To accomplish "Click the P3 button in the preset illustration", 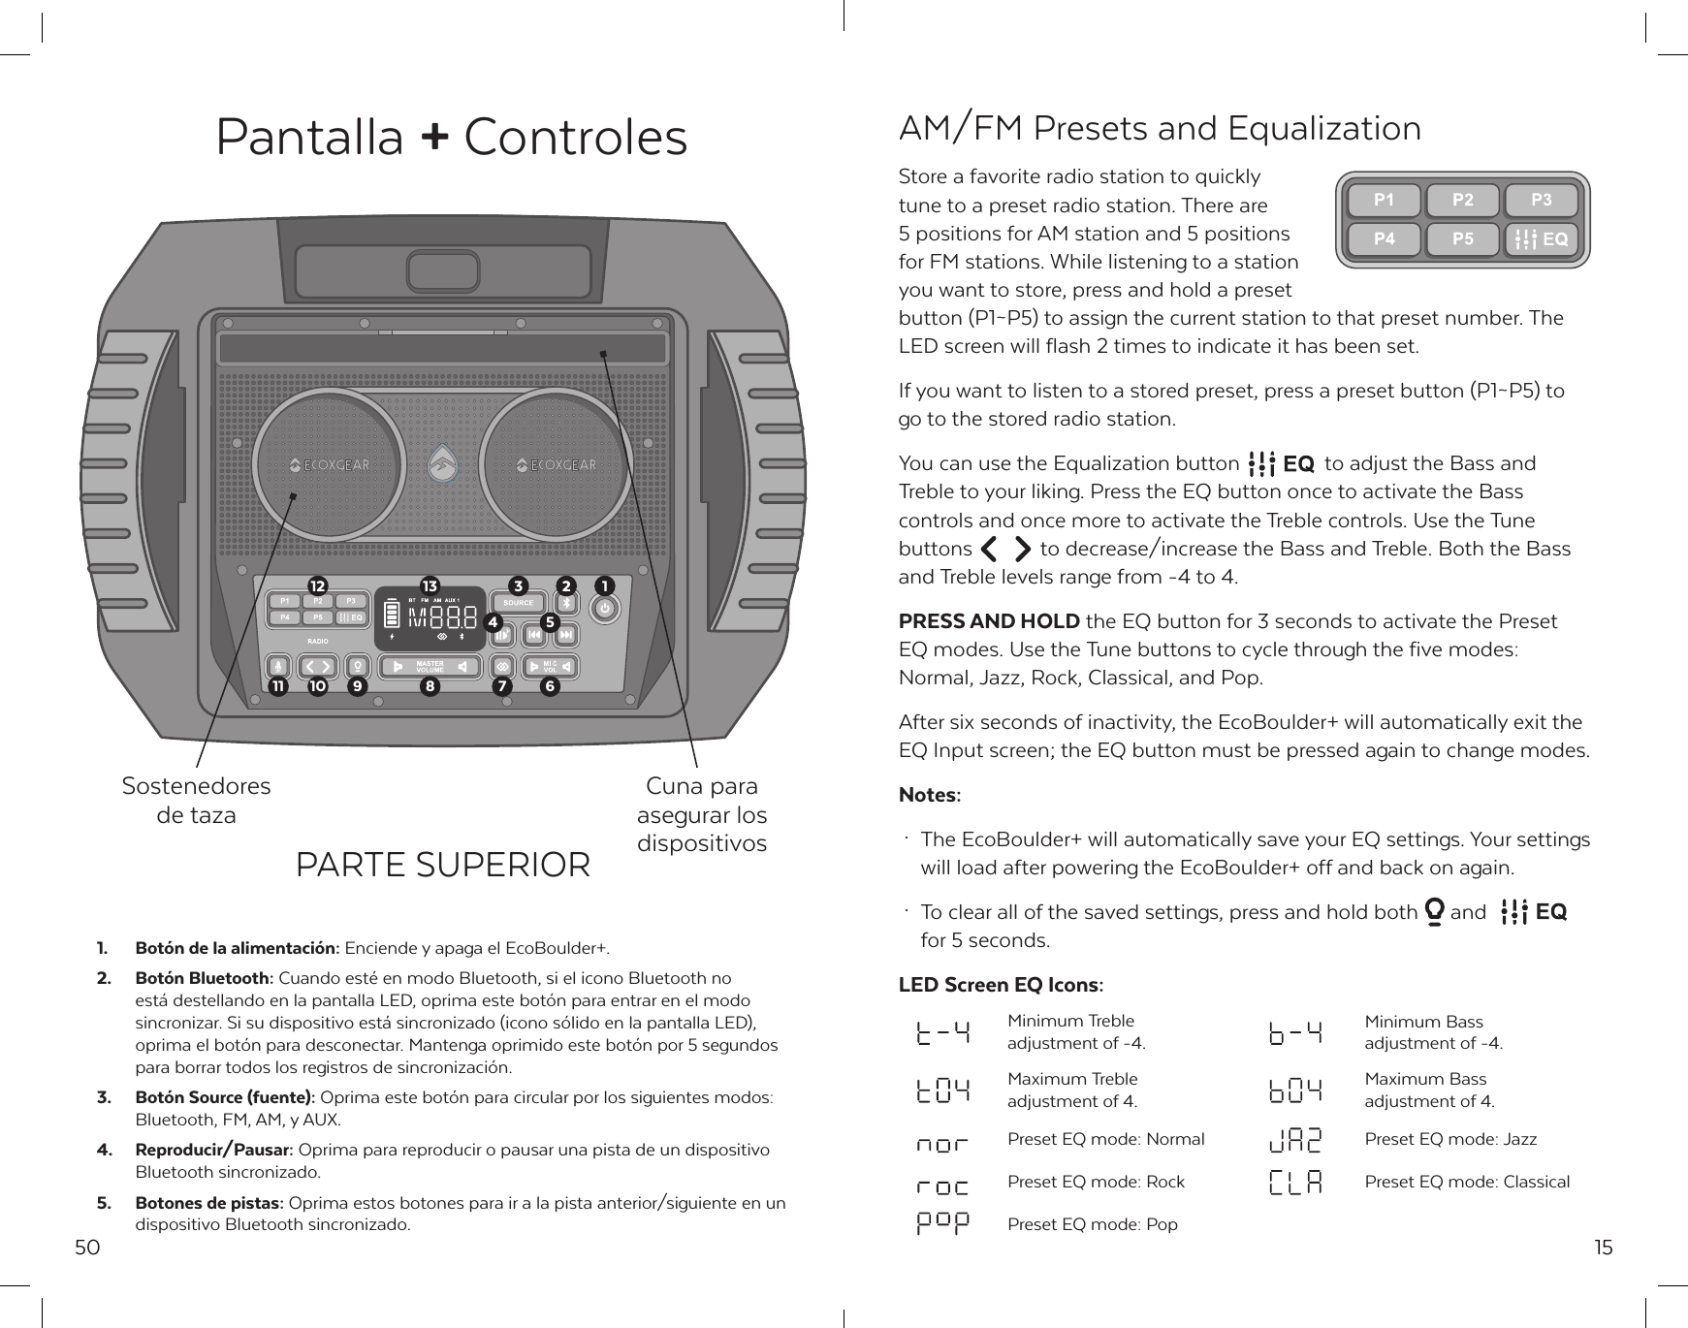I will (x=1541, y=201).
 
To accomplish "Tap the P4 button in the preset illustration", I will (x=1384, y=238).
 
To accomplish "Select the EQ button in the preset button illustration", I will (x=1541, y=238).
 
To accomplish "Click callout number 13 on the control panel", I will (x=430, y=585).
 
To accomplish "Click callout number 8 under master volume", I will (x=429, y=686).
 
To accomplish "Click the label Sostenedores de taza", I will (x=196, y=800).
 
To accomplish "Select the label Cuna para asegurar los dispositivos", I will (x=702, y=814).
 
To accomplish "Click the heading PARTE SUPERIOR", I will (x=442, y=865).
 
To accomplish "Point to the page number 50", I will (x=87, y=1247).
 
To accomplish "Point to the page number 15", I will (x=1604, y=1247).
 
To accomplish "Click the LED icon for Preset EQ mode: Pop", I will (x=942, y=1223).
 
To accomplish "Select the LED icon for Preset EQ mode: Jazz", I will (x=1295, y=1140).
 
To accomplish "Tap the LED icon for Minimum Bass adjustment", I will (x=1295, y=1033).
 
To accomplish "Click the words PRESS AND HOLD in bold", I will (x=989, y=621).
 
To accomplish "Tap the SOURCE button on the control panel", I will (x=519, y=603).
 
